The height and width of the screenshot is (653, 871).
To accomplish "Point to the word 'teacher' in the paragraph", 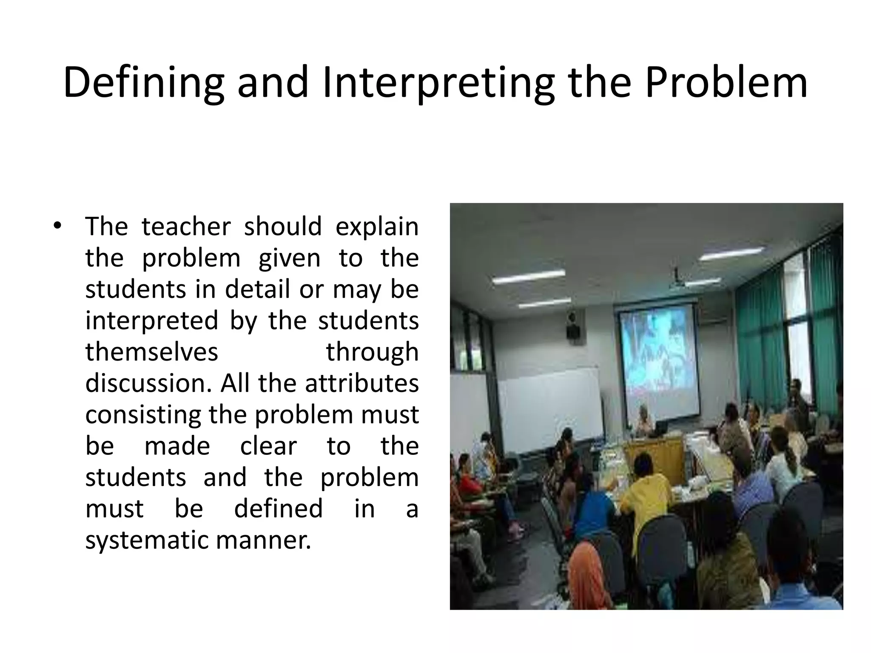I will (x=186, y=226).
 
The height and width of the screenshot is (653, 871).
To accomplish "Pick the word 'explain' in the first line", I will (x=377, y=227).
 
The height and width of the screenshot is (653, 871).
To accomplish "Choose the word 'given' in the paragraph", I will (x=289, y=258).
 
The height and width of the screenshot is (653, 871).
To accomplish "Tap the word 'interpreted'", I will (x=152, y=321).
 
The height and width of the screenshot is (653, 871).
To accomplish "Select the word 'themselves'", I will (x=152, y=352).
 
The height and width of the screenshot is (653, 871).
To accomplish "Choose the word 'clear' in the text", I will (x=268, y=446).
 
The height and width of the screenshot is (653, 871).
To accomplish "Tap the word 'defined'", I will (x=279, y=508).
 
